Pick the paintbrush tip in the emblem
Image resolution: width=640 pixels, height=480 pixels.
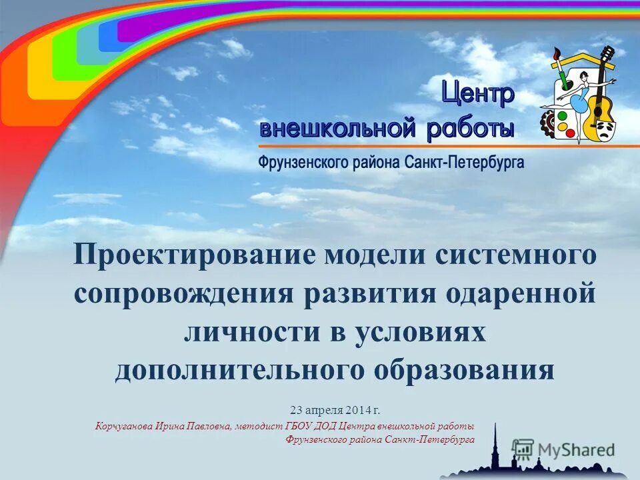(x=556, y=52)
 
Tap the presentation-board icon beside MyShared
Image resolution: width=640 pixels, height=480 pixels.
(x=523, y=449)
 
